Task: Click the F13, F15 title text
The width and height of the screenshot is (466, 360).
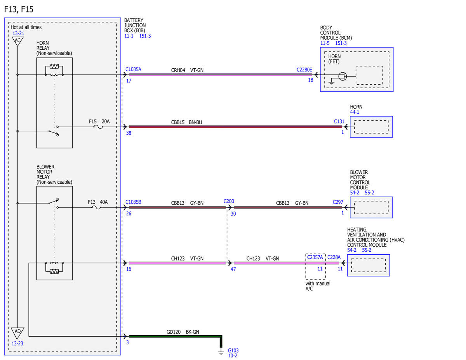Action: click(19, 9)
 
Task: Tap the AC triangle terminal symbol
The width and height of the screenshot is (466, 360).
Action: click(17, 41)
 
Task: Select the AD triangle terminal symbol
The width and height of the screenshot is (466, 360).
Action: click(17, 333)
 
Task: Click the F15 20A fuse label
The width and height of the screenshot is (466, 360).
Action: click(99, 122)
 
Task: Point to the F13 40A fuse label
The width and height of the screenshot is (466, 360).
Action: click(98, 202)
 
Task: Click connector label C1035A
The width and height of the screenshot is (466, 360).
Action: click(133, 69)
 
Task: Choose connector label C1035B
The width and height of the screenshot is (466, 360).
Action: click(133, 202)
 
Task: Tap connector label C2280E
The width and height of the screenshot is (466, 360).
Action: click(304, 70)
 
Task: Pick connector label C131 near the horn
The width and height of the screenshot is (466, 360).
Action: click(339, 122)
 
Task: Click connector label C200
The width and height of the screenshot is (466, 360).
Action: click(229, 201)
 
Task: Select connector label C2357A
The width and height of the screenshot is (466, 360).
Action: click(315, 257)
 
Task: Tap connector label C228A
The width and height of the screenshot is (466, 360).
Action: click(334, 257)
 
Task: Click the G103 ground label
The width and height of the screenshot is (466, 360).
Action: click(233, 350)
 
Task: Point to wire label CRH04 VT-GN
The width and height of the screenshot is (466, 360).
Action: click(187, 70)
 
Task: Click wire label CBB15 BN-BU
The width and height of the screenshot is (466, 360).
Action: click(186, 122)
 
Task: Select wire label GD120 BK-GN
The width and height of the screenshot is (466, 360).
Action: click(183, 332)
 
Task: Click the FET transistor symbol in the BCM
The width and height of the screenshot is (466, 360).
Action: click(343, 77)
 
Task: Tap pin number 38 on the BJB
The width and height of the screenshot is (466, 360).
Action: click(129, 133)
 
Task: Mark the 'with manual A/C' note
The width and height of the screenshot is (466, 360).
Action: click(318, 286)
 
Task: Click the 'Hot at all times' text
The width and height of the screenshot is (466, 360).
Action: click(26, 27)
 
